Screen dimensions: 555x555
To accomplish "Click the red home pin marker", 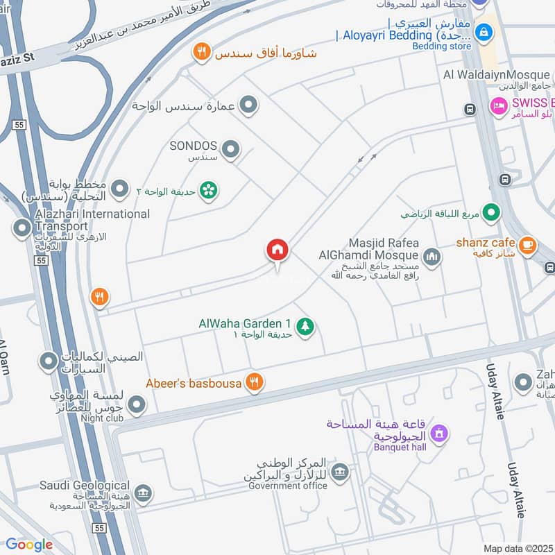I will pyautogui.click(x=277, y=250).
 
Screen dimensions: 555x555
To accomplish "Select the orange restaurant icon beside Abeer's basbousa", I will pyautogui.click(x=255, y=382).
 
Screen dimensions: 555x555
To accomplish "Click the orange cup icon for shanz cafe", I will pyautogui.click(x=528, y=245).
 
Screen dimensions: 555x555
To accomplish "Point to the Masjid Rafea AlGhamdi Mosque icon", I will pyautogui.click(x=432, y=258).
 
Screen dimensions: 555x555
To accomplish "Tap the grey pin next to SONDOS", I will pyautogui.click(x=231, y=148).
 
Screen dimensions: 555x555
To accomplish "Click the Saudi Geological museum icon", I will pyautogui.click(x=144, y=493).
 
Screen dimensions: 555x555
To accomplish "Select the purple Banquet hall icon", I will pyautogui.click(x=437, y=434).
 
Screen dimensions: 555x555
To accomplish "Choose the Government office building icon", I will pyautogui.click(x=340, y=473).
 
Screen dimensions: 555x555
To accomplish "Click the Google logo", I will pyautogui.click(x=29, y=545).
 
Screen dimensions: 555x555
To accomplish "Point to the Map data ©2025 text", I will pyautogui.click(x=518, y=548).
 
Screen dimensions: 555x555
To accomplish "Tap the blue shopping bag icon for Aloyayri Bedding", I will pyautogui.click(x=486, y=32).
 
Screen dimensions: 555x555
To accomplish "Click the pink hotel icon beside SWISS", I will pyautogui.click(x=498, y=106).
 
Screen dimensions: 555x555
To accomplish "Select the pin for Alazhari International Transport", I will pyautogui.click(x=23, y=227).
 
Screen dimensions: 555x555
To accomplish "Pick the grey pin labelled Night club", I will pyautogui.click(x=137, y=404).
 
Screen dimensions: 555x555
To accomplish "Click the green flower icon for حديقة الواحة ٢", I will pyautogui.click(x=207, y=189).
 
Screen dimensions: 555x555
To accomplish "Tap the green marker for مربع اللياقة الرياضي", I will pyautogui.click(x=492, y=213).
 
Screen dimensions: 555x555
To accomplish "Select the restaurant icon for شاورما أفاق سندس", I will pyautogui.click(x=201, y=51).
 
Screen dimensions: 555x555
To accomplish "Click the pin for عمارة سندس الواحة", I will pyautogui.click(x=248, y=105).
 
